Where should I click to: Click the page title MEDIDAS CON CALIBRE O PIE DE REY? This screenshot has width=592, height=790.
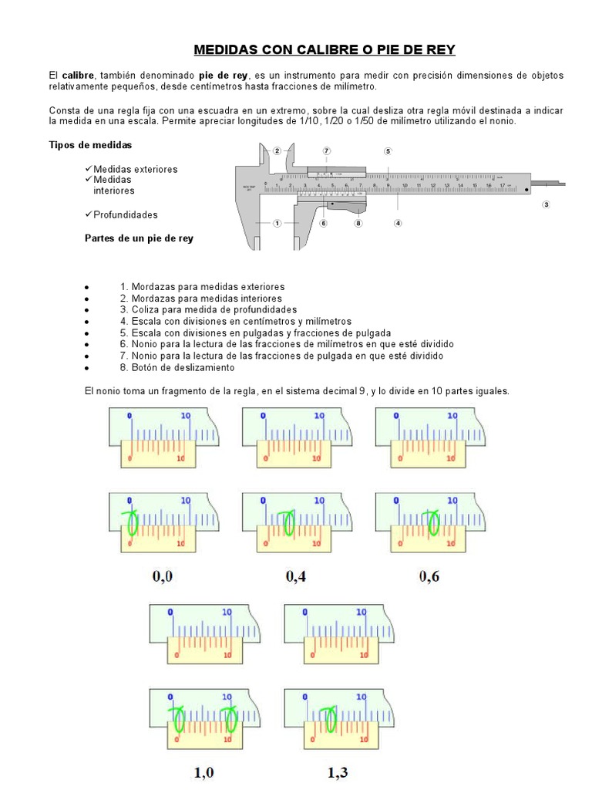[325, 50]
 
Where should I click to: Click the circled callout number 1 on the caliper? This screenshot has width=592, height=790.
[276, 223]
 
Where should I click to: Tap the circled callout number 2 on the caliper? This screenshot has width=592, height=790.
[277, 151]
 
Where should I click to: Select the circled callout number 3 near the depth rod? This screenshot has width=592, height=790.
[545, 204]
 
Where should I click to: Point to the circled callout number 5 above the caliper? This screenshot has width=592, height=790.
[388, 151]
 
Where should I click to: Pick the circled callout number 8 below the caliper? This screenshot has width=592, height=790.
[358, 223]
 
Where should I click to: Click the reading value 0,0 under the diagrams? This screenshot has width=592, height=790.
[163, 576]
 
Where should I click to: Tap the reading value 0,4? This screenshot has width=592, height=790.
[296, 576]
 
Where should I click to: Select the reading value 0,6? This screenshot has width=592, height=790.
[429, 576]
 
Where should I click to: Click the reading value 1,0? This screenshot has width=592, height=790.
[203, 771]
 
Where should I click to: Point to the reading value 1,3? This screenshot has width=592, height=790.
[338, 771]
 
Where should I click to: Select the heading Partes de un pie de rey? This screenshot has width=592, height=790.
[139, 238]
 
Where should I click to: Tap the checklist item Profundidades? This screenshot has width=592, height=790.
[125, 214]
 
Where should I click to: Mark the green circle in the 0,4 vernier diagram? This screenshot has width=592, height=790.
[288, 523]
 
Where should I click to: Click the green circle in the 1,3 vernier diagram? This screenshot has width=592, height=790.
[331, 719]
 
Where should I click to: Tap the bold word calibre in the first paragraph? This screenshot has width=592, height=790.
[78, 75]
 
